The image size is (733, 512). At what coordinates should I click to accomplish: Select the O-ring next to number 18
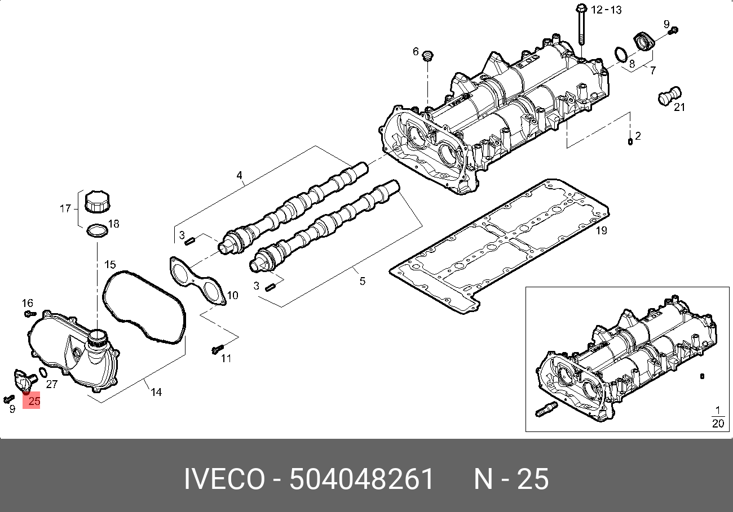96,231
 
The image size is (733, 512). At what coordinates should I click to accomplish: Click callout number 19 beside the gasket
601,230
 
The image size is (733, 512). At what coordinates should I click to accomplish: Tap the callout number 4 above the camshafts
239,176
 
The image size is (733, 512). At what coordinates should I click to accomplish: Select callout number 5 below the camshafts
362,280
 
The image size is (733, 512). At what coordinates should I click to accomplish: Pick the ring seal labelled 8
620,55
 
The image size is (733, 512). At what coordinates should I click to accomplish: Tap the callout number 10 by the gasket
232,295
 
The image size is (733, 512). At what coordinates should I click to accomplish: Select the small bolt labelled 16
31,313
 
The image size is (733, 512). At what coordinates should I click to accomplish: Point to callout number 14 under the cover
156,391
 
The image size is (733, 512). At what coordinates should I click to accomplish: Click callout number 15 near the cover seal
109,264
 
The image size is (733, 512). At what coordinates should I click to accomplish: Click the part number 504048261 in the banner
361,479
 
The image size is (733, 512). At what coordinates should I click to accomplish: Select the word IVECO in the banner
224,479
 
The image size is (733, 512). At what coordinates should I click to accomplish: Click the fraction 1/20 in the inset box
717,417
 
